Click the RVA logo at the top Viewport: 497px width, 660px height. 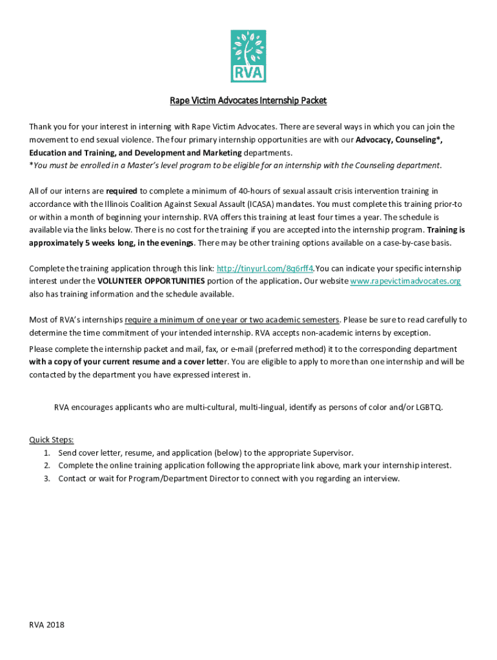(x=248, y=56)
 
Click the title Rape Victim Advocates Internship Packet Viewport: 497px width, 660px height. (x=248, y=101)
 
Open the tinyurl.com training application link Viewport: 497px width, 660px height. (x=265, y=268)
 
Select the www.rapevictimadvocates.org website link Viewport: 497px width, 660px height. (x=405, y=281)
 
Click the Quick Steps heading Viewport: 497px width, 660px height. (x=52, y=440)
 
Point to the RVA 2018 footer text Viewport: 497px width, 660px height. (x=46, y=625)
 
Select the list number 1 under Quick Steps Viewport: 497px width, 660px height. (x=47, y=452)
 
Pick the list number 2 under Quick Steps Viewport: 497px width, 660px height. (x=47, y=465)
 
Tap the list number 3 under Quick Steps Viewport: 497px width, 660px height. (x=47, y=478)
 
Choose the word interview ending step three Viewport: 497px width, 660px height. (x=381, y=478)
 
